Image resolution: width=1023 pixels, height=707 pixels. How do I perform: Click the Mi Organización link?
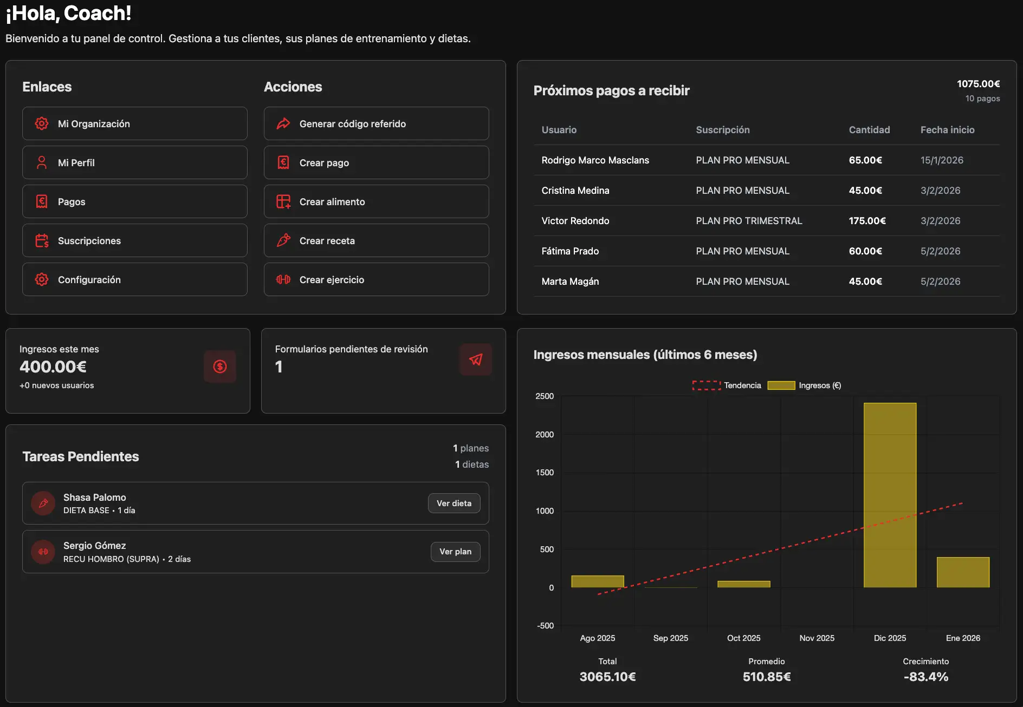click(x=134, y=123)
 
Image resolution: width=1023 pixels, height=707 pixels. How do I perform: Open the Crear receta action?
click(x=376, y=240)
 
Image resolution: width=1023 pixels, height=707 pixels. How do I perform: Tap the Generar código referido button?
click(x=376, y=123)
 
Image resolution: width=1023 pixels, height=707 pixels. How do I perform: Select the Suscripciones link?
click(x=134, y=240)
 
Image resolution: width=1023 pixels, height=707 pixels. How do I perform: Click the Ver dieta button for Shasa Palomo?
click(x=454, y=503)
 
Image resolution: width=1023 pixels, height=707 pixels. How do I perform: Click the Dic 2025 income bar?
click(x=890, y=495)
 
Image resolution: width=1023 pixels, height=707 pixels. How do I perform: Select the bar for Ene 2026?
click(x=963, y=572)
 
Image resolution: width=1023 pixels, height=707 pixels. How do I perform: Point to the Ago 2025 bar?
click(x=598, y=581)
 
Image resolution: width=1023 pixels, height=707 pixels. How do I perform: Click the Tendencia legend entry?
click(x=727, y=385)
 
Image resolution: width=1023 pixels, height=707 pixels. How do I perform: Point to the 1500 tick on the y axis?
click(x=545, y=473)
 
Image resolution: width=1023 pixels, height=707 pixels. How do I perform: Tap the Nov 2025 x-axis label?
click(x=817, y=638)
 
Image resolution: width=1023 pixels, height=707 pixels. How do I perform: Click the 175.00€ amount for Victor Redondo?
click(x=867, y=221)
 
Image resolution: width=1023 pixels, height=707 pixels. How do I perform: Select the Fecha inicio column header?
click(x=947, y=130)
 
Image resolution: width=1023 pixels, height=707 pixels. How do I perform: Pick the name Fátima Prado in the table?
click(x=570, y=251)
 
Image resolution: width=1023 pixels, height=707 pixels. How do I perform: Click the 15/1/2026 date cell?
click(x=942, y=160)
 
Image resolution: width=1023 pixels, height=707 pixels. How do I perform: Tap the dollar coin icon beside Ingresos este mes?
click(x=220, y=366)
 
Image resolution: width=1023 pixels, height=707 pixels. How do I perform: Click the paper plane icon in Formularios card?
click(x=476, y=359)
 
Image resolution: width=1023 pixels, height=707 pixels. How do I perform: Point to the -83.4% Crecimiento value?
click(x=925, y=677)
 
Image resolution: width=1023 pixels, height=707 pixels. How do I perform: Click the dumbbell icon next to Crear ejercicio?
click(x=283, y=279)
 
